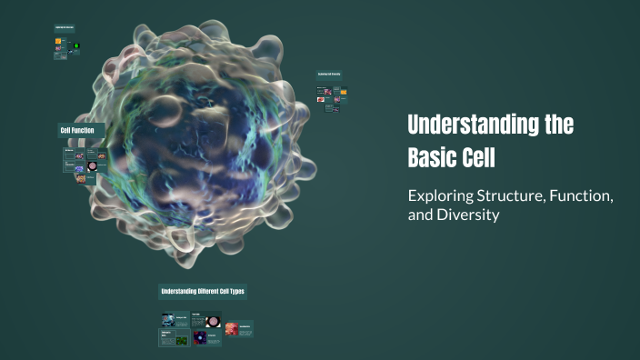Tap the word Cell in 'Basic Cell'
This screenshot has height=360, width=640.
coord(480,157)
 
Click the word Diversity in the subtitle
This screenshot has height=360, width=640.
coord(471,216)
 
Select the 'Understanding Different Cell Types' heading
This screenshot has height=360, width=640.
coord(202,292)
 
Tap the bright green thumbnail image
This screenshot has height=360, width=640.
coord(76,45)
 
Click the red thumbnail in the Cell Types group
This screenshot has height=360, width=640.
coord(232,328)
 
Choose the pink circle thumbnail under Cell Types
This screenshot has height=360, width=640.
coord(214,321)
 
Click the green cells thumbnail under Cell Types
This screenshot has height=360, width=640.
coord(181,340)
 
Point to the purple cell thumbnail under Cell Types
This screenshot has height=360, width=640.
coord(200,337)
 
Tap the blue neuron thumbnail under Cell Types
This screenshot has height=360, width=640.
coord(168,320)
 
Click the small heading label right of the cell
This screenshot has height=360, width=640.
coord(328,74)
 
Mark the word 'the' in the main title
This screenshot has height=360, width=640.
coord(558,126)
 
